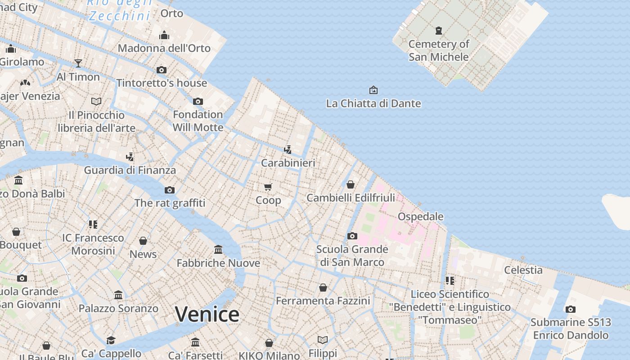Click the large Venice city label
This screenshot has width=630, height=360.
207,314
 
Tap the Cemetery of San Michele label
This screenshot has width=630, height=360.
439,50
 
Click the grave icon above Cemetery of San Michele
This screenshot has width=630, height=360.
439,31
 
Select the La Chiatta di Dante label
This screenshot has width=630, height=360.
373,103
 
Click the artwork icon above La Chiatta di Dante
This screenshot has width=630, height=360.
373,90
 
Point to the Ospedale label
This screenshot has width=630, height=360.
421,216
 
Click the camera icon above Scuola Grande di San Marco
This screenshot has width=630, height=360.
352,236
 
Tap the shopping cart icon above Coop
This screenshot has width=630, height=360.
268,187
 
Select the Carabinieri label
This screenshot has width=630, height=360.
288,163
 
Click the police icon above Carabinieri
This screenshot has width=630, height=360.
288,149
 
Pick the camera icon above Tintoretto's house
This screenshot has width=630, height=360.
162,70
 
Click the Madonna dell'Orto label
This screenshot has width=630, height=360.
164,48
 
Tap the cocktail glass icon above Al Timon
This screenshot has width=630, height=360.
78,63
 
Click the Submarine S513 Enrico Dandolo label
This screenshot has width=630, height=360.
571,329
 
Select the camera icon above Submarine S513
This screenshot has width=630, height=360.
571,309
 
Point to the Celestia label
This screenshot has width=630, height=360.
523,270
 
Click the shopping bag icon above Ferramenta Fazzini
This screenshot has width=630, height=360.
323,287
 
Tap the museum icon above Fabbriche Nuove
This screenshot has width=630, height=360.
218,249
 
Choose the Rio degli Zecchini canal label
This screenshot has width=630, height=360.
119,10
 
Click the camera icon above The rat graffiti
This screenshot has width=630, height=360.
170,190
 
